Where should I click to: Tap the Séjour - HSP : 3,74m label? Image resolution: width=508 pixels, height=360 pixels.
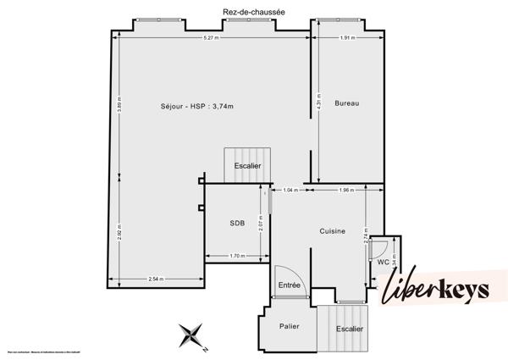pyautogui.click(x=196, y=106)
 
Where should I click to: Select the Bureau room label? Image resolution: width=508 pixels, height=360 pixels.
pyautogui.click(x=347, y=103)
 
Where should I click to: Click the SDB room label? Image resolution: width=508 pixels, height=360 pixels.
pyautogui.click(x=237, y=224)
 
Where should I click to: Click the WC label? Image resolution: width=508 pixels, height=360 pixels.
pyautogui.click(x=383, y=262)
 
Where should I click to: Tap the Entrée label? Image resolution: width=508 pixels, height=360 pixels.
pyautogui.click(x=290, y=285)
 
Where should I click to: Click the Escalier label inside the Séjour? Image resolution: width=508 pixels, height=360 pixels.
pyautogui.click(x=248, y=166)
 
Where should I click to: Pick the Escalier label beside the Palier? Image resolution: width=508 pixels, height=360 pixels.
pyautogui.click(x=349, y=329)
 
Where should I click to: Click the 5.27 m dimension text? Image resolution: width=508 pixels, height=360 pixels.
pyautogui.click(x=211, y=38)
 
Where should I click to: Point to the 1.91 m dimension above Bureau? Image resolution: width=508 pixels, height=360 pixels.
pyautogui.click(x=346, y=38)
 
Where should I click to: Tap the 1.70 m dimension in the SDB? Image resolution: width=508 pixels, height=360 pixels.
pyautogui.click(x=236, y=255)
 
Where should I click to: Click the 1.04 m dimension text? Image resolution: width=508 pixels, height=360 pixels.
pyautogui.click(x=290, y=190)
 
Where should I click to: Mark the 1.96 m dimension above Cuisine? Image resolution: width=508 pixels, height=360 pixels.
pyautogui.click(x=345, y=190)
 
